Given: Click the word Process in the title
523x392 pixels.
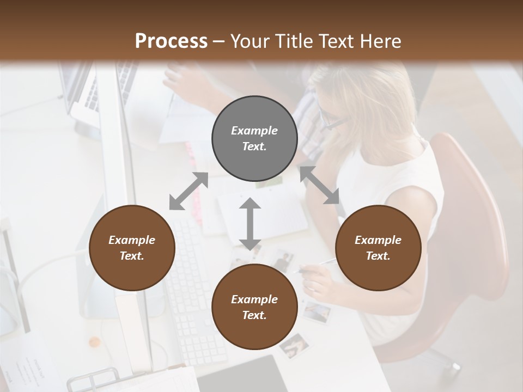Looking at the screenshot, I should point(171,41).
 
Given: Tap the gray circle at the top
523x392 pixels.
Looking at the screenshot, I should point(254,139).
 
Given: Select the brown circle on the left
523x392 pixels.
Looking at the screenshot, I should point(132,248).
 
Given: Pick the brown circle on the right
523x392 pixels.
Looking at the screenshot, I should point(378,248).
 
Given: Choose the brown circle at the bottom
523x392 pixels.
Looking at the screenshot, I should point(254,307).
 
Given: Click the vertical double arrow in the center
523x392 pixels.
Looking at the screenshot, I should point(250,224).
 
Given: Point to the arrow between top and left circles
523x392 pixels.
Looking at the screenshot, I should point(188,191).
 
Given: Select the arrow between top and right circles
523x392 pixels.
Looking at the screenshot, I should point(320,185).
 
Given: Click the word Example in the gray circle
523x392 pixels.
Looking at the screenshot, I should point(254,131).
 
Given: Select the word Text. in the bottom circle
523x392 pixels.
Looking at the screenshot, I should point(254,315).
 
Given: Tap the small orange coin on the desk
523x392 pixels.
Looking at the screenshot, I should point(95,342).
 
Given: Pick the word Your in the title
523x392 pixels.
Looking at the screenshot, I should point(249,41).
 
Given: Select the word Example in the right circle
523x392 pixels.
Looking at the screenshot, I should point(378,240).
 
